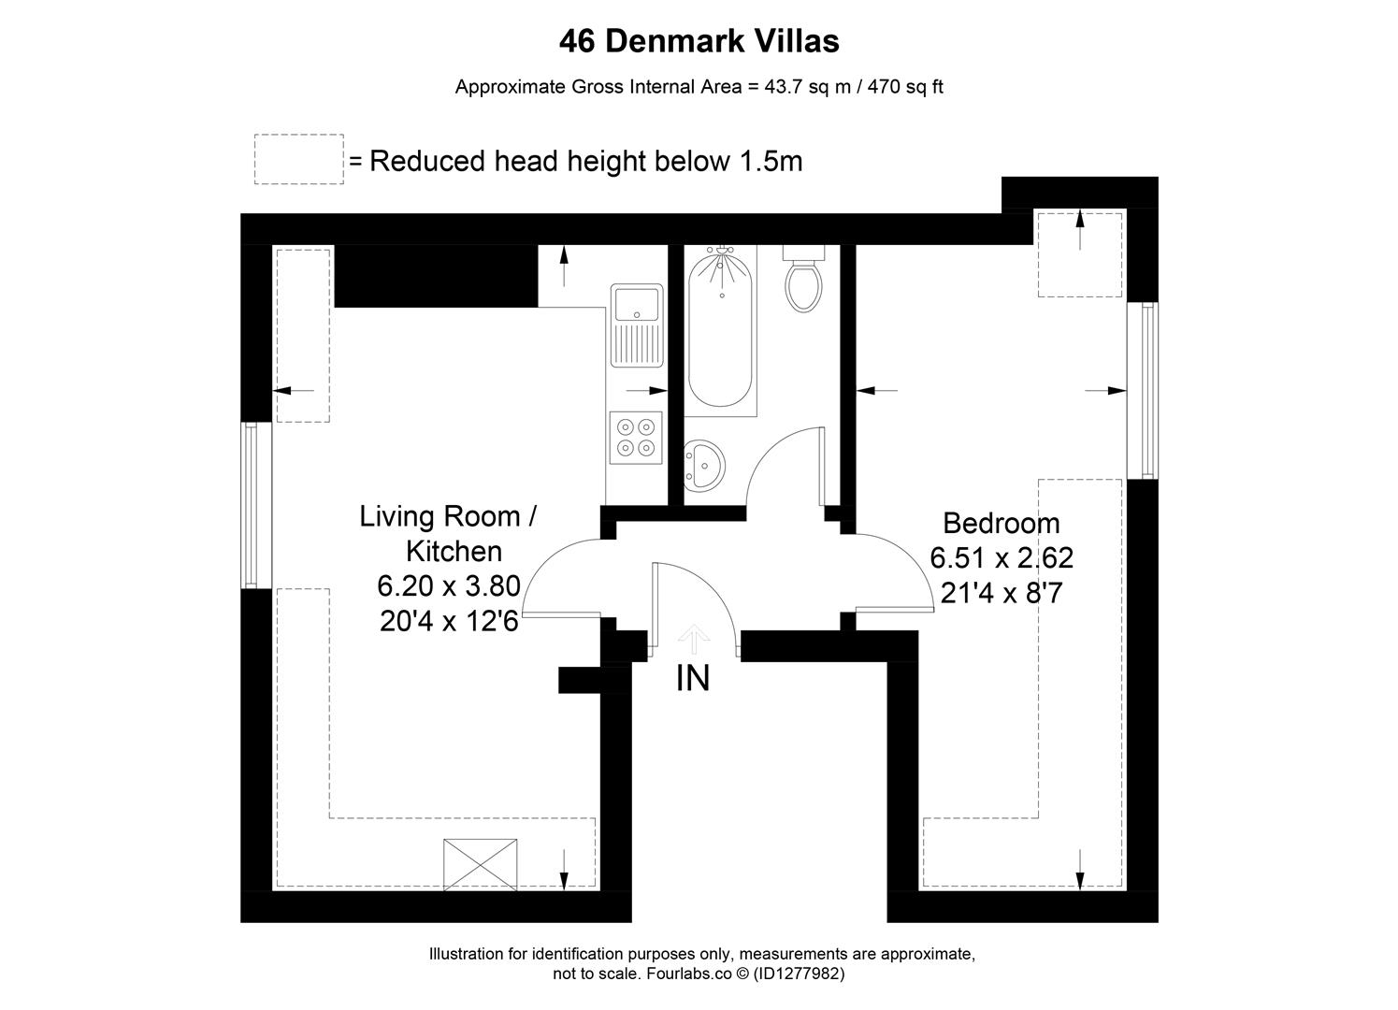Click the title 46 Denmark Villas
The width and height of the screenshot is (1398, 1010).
coord(699,41)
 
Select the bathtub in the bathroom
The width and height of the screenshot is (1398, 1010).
coord(719,332)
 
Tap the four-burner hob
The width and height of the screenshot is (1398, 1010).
coord(635,438)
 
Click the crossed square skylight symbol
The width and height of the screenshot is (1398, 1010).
coord(481,863)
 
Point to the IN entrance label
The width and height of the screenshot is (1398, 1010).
coord(692,678)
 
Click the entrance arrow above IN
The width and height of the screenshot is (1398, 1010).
coord(693,640)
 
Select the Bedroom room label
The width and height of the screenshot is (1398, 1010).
coord(1001,523)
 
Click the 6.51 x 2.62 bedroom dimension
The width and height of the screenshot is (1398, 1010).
coord(1001,558)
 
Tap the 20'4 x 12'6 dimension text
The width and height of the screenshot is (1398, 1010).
coord(449,622)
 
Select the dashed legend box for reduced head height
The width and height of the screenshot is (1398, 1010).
coord(299,160)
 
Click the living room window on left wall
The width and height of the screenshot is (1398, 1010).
coord(251,505)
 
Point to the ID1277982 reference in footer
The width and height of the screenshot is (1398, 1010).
coord(798,974)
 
